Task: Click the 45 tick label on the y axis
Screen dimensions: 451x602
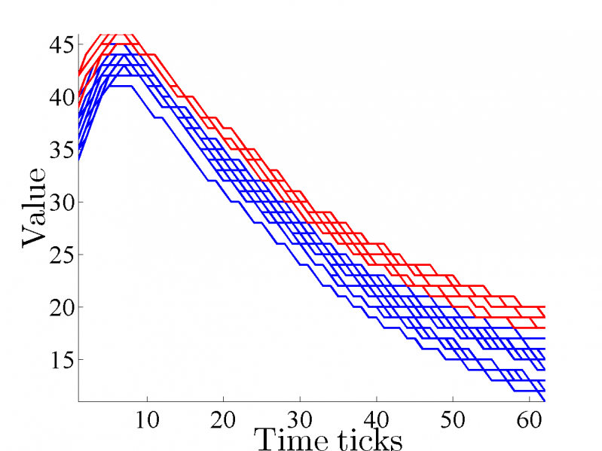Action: [x=60, y=45]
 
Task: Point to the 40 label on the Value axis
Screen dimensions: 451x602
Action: [x=60, y=98]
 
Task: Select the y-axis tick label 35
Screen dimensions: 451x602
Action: [x=60, y=151]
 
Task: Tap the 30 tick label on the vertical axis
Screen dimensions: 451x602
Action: [x=60, y=203]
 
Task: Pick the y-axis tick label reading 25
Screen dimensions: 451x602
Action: [x=60, y=255]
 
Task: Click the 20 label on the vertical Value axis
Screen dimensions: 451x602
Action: [x=60, y=308]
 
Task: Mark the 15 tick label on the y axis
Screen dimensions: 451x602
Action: [x=60, y=361]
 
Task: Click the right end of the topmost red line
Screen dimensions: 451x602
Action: [x=544, y=307]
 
